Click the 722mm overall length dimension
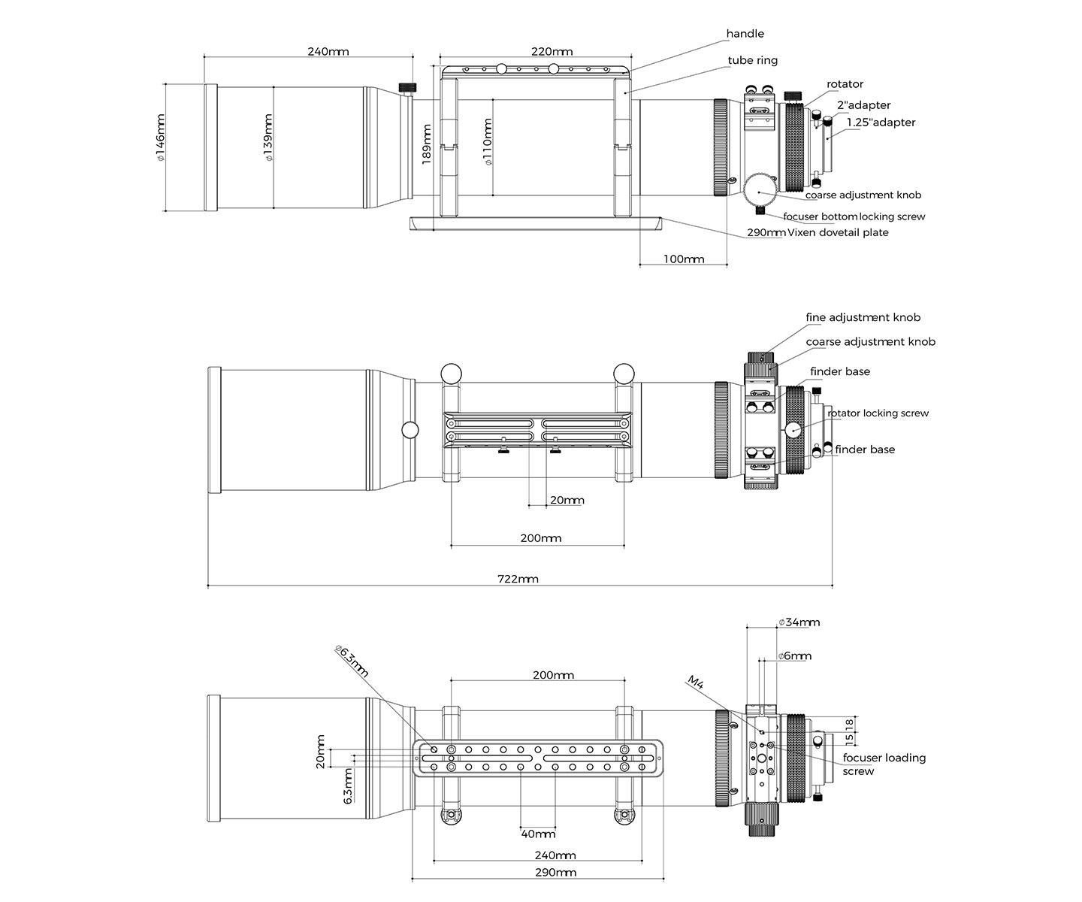[518, 579]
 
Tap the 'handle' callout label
[745, 34]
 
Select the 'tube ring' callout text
[752, 60]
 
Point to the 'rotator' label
[845, 84]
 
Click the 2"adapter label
[863, 105]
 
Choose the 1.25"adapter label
[881, 123]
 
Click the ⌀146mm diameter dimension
[160, 138]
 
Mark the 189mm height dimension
[426, 144]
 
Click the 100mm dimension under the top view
[684, 259]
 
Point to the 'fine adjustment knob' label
[863, 317]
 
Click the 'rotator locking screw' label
[878, 413]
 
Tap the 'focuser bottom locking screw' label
[854, 216]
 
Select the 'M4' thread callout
[696, 682]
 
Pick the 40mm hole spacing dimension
[538, 834]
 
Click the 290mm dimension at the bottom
[555, 873]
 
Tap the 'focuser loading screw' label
[884, 764]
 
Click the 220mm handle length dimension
[552, 52]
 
